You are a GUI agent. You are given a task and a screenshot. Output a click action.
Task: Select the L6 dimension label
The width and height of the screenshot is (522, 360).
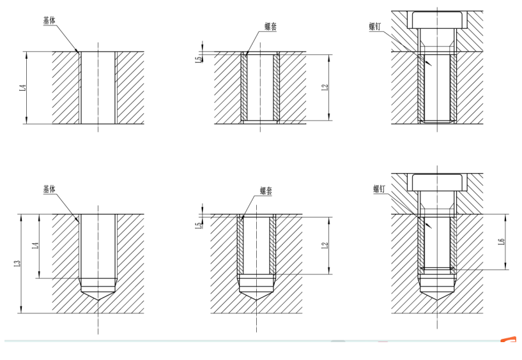pos(502,241)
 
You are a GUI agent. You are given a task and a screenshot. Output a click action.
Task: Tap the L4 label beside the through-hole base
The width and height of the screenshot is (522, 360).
pos(22,88)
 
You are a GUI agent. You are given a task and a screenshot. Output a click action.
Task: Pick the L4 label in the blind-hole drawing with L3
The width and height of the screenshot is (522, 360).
pos(36,246)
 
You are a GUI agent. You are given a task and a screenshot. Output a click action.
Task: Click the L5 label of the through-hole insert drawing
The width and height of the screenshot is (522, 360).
pos(199,59)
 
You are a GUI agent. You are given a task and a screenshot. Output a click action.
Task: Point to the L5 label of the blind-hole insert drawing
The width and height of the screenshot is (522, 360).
pos(199,225)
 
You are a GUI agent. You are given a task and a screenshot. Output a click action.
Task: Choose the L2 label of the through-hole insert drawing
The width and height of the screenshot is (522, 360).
pos(325,87)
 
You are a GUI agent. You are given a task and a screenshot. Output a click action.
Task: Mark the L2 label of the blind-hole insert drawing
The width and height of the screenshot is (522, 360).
pos(325,246)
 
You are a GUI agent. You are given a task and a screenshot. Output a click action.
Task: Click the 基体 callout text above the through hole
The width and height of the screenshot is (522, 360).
pos(49,20)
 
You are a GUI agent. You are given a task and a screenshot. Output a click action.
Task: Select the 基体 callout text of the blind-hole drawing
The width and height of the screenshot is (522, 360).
pos(49,189)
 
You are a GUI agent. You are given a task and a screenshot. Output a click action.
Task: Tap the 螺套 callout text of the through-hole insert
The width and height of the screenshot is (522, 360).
pos(271,26)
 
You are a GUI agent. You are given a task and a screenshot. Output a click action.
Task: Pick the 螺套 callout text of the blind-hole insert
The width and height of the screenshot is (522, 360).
pos(266,191)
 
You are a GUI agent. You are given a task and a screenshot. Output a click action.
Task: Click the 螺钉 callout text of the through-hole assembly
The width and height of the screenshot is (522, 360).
pos(375,26)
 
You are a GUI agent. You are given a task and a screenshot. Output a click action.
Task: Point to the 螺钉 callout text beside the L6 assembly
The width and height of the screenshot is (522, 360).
pos(379,189)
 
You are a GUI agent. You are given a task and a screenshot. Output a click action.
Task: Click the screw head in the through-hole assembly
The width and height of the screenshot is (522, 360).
pos(438,20)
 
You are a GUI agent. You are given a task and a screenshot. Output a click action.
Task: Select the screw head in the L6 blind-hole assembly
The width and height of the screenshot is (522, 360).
pos(438,183)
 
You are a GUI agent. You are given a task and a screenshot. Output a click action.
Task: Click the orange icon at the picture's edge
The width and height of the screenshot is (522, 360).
pos(509,340)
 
